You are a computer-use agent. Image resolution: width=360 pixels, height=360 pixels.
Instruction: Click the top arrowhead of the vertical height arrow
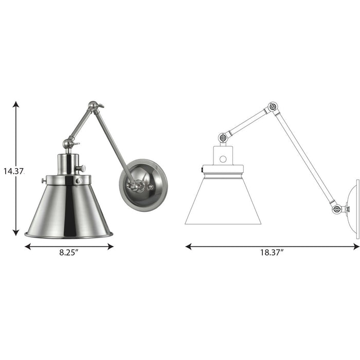click(x=16, y=105)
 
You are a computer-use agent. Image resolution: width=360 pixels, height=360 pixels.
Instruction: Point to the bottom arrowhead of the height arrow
click(x=16, y=232)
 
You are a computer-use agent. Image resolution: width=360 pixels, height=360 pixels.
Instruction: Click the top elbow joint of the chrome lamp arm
click(x=93, y=107)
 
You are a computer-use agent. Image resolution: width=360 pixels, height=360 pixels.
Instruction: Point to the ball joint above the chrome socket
click(x=68, y=144)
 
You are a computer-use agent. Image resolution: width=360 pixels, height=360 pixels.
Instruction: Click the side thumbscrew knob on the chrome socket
click(x=81, y=168)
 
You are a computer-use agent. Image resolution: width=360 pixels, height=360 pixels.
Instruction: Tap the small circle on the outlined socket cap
click(x=223, y=159)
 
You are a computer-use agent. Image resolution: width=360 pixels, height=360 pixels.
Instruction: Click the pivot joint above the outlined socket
click(x=223, y=137)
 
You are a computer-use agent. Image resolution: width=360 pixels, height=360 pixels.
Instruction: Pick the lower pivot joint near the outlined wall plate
click(x=337, y=209)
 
